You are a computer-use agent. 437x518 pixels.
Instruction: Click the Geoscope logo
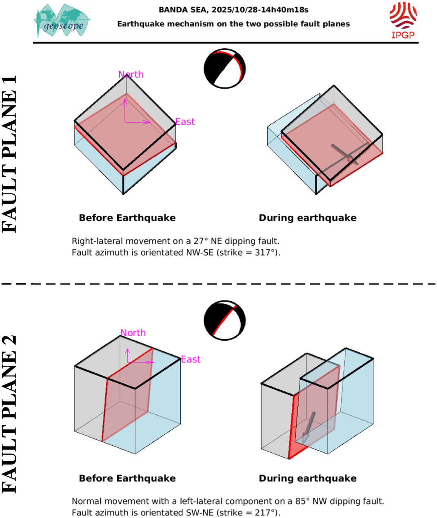(x=62, y=22)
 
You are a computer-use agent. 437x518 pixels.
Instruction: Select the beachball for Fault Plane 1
(x=224, y=69)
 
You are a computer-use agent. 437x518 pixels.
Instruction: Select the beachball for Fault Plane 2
(x=224, y=320)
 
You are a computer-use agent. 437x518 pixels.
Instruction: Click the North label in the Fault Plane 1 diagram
(x=131, y=74)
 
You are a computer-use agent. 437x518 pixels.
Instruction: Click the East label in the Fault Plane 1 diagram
(x=185, y=122)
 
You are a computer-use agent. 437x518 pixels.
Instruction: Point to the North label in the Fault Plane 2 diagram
(x=133, y=333)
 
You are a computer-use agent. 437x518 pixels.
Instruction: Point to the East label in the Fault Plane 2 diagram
(x=191, y=359)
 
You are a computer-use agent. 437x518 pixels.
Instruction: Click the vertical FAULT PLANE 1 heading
(x=10, y=154)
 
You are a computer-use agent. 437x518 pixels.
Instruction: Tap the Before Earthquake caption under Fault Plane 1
(x=127, y=218)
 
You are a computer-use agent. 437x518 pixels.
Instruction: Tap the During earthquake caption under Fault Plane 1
(x=308, y=218)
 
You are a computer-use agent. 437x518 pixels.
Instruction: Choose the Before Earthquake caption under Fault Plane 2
(x=127, y=478)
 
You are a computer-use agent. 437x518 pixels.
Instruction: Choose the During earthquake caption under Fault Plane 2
(x=308, y=478)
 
